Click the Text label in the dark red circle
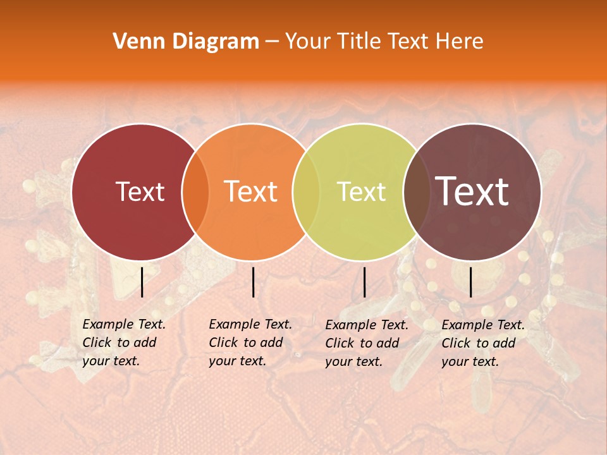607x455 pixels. tap(140, 191)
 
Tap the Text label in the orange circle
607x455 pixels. tap(250, 191)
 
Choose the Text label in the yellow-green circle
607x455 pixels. tap(361, 191)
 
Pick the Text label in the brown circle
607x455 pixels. tap(472, 191)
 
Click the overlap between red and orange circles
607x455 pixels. tap(195, 191)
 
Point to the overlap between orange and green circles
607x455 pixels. tap(306, 191)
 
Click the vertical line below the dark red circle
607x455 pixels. tap(142, 282)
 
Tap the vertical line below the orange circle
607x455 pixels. tap(253, 282)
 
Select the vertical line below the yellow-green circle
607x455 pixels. tap(364, 282)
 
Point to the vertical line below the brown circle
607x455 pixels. tap(471, 282)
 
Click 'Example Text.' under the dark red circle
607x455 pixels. tap(124, 324)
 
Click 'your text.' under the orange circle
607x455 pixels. tap(237, 361)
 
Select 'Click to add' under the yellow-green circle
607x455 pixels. tap(362, 343)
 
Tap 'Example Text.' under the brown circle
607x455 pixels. tap(483, 325)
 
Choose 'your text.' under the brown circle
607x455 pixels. tap(470, 361)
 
